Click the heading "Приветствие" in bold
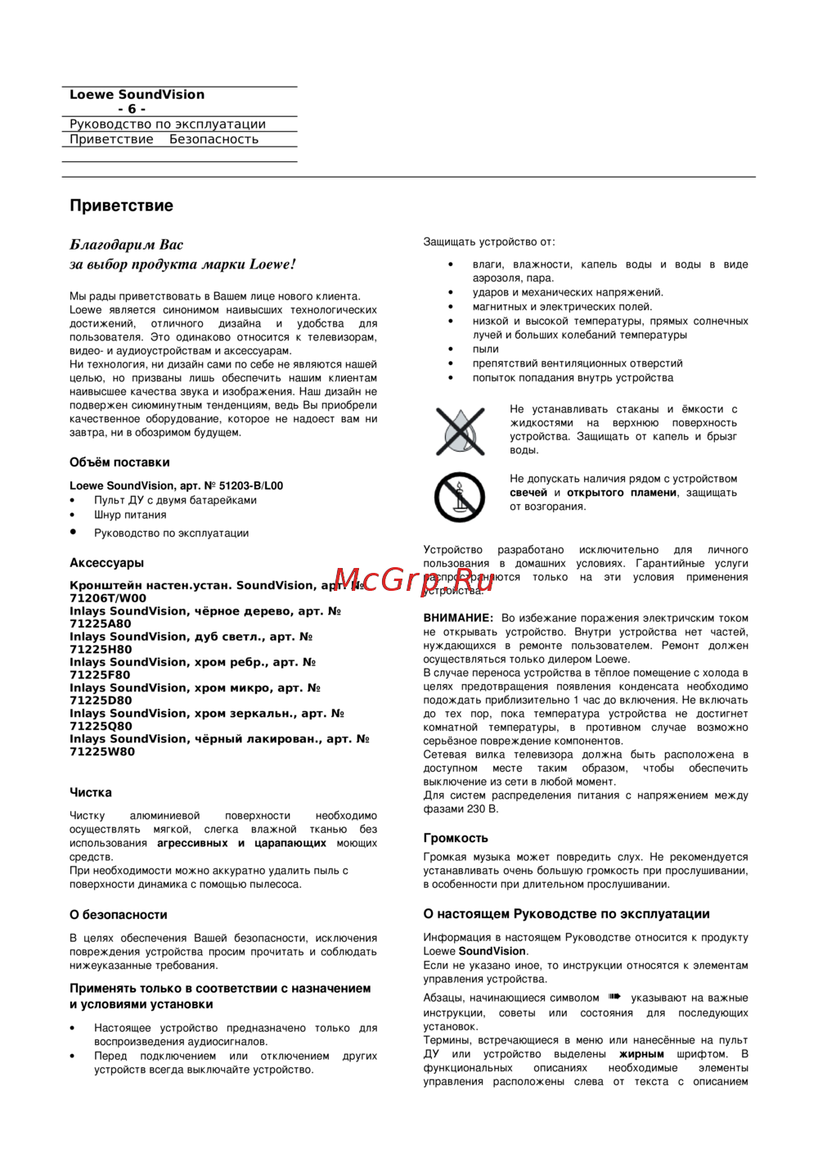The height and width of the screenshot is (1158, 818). pyautogui.click(x=121, y=205)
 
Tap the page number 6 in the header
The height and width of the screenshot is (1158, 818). pyautogui.click(x=132, y=109)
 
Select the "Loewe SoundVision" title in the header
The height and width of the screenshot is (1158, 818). pyautogui.click(x=137, y=95)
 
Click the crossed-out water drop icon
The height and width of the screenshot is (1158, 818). pyautogui.click(x=460, y=430)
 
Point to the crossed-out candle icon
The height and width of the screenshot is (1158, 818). pyautogui.click(x=460, y=496)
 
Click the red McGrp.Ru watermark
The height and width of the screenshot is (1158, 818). pyautogui.click(x=413, y=580)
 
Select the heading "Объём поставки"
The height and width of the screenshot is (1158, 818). pyautogui.click(x=119, y=462)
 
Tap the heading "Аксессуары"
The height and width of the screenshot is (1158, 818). pyautogui.click(x=106, y=563)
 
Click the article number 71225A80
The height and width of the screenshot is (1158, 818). pyautogui.click(x=101, y=624)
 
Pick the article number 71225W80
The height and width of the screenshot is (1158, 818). pyautogui.click(x=102, y=751)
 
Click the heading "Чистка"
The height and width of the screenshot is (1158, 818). pyautogui.click(x=91, y=792)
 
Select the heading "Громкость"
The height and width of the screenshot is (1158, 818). pyautogui.click(x=455, y=838)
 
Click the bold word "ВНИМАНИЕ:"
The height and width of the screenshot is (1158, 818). pyautogui.click(x=458, y=618)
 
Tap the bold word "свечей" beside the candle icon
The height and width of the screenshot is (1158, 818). pyautogui.click(x=528, y=493)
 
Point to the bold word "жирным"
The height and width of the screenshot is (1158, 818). pyautogui.click(x=641, y=1054)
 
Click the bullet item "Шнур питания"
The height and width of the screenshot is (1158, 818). pyautogui.click(x=130, y=515)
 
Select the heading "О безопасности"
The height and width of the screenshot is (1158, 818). pyautogui.click(x=118, y=915)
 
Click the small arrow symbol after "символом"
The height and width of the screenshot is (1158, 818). pyautogui.click(x=615, y=997)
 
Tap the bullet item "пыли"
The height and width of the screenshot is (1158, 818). pyautogui.click(x=485, y=349)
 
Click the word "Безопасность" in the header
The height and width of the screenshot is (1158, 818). pyautogui.click(x=213, y=139)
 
